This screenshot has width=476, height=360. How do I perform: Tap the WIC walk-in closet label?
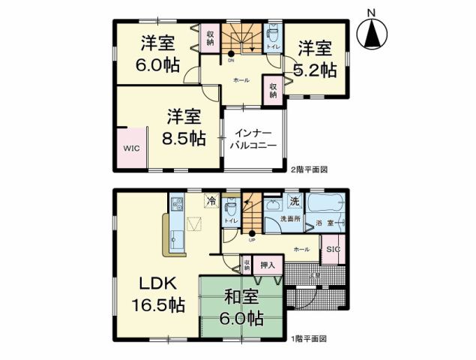point(131,148)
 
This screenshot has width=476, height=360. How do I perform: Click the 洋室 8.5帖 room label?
point(184,127)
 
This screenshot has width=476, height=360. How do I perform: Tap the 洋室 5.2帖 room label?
point(316,60)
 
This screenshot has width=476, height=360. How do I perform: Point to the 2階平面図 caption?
point(309,170)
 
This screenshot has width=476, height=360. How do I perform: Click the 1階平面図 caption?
point(308,339)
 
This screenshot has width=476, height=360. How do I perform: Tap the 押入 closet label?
point(268,265)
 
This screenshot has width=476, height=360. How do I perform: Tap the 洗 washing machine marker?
point(295,201)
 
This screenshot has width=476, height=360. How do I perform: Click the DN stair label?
point(231,61)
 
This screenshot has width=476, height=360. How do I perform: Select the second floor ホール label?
point(241,79)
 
